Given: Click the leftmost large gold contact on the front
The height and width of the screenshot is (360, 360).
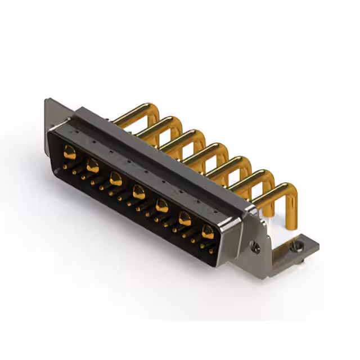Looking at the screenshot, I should tap(70, 151).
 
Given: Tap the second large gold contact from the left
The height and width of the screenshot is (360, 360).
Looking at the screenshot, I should tap(93, 166).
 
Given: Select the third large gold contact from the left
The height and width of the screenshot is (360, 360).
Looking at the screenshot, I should tap(116, 179).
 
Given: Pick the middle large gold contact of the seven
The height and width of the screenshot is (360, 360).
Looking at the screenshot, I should tap(138, 193).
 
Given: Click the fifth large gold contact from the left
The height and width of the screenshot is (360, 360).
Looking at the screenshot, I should tap(162, 206).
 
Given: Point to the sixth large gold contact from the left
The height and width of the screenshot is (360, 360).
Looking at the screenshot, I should tap(185, 219).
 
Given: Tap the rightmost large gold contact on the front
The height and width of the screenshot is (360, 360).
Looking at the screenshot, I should tap(208, 232).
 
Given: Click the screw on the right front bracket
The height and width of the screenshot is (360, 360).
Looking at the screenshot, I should tap(255, 246).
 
